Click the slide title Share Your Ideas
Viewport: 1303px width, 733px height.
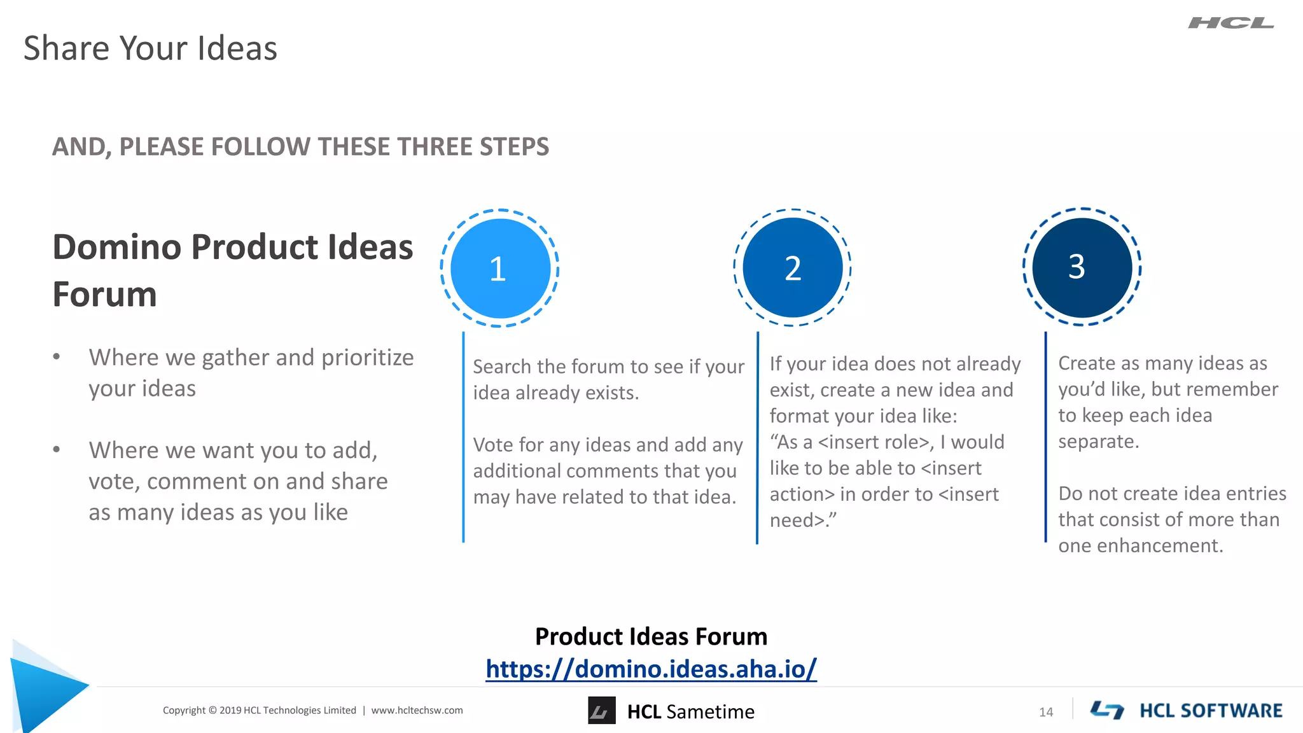click(x=150, y=48)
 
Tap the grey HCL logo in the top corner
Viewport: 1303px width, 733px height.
click(x=1230, y=24)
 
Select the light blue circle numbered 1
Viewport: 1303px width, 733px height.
click(x=500, y=269)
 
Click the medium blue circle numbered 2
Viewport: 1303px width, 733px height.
click(x=792, y=268)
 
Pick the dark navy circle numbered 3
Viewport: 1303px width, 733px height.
click(x=1082, y=267)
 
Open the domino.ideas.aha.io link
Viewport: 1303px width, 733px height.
click(x=651, y=669)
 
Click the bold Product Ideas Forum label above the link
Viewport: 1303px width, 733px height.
click(x=651, y=636)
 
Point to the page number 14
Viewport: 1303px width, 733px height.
click(x=1046, y=712)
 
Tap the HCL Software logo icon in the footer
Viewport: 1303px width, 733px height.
click(x=1107, y=710)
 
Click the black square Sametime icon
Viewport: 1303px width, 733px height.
click(x=601, y=711)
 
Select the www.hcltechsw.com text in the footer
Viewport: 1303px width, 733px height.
click(x=417, y=711)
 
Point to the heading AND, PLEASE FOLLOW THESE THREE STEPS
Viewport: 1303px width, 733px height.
click(x=300, y=147)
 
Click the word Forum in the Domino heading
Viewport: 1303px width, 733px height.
click(x=104, y=295)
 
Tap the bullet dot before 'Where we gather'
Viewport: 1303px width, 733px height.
click(x=57, y=357)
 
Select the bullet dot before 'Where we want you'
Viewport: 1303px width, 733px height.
click(x=57, y=450)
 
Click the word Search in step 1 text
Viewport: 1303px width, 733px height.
click(x=501, y=367)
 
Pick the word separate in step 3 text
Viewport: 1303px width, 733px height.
click(x=1097, y=442)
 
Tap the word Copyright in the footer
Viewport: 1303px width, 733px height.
click(x=184, y=711)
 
